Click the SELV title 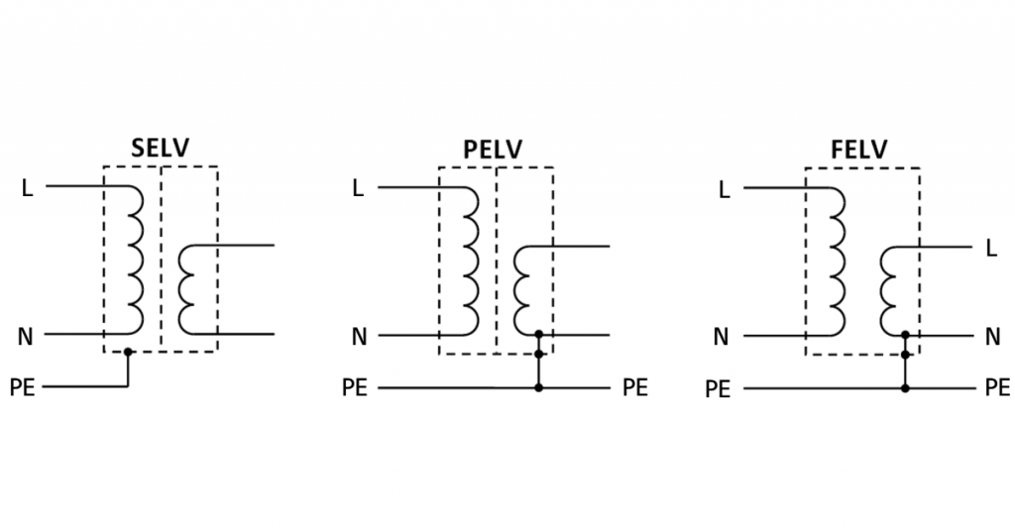pos(160,150)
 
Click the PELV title pos(494,151)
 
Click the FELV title pos(859,151)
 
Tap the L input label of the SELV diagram pos(27,188)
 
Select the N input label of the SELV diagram pos(26,337)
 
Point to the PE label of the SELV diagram pos(22,387)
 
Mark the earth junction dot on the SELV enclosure pos(128,352)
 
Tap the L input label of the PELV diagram pos(359,188)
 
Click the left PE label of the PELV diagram pos(355,387)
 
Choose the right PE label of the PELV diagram pos(635,387)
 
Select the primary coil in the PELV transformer pos(468,261)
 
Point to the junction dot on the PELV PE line pos(538,387)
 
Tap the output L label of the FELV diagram pos(991,249)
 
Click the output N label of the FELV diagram pos(992,337)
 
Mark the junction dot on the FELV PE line pos(905,388)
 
